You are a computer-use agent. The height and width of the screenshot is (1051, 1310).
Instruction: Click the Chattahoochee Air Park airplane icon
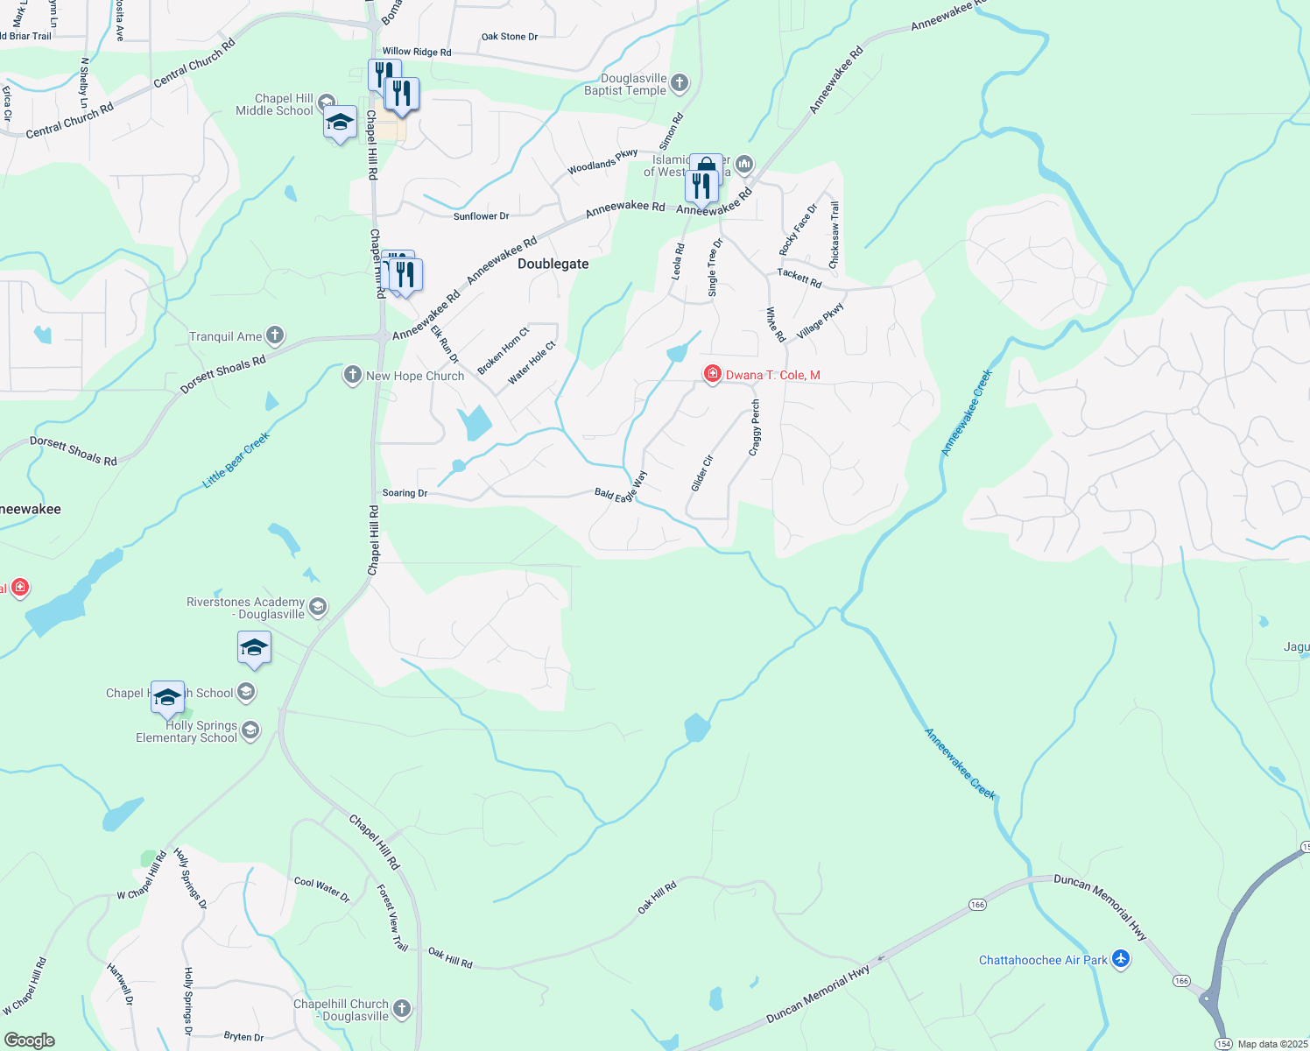pos(1121,960)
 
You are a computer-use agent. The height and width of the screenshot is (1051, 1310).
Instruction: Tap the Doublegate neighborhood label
pos(553,264)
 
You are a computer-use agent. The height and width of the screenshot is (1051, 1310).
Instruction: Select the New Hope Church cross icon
pos(353,376)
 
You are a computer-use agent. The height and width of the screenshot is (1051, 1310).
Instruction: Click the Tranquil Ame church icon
pos(275,335)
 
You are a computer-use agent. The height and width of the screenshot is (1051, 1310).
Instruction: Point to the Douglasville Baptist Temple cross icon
pos(680,84)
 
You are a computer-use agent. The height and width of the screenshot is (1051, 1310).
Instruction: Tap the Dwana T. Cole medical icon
pos(713,375)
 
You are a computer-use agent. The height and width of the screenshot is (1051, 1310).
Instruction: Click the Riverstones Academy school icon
pos(318,607)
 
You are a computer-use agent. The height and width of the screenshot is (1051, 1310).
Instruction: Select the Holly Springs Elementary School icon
pos(250,730)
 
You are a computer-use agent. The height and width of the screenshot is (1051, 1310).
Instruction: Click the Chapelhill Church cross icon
pos(402,1009)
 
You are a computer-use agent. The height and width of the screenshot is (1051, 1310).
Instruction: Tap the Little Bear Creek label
pos(236,460)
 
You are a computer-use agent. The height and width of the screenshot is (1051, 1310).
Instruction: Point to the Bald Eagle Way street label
pos(621,486)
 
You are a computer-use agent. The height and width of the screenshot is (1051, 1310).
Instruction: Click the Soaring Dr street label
pos(405,493)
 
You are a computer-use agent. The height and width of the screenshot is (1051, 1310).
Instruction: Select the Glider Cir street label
pos(702,473)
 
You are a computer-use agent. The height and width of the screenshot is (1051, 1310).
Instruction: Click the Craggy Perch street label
pos(755,427)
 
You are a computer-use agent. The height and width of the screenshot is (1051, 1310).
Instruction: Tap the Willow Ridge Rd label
pos(417,52)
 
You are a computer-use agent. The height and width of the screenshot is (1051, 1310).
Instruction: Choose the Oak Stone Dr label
pos(510,37)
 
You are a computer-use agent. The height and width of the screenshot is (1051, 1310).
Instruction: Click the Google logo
pos(30,1040)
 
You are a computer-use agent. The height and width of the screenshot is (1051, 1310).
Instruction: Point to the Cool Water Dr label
pos(321,889)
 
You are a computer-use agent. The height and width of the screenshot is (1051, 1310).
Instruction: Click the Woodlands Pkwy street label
pos(602,162)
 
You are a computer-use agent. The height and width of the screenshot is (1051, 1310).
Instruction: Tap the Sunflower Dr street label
pos(481,216)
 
